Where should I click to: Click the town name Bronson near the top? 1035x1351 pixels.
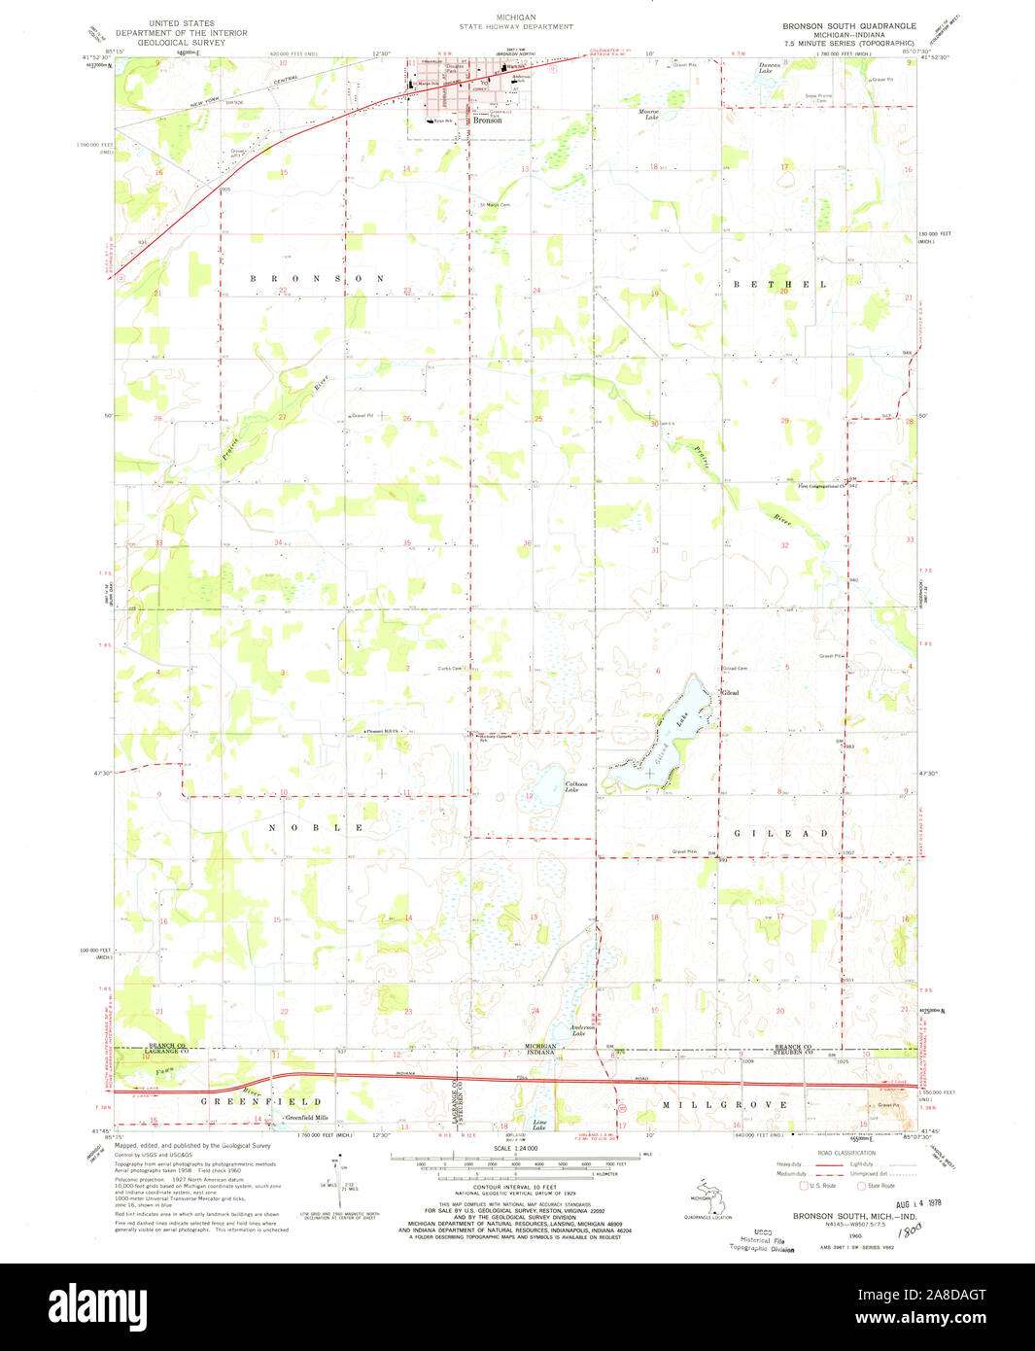click(487, 121)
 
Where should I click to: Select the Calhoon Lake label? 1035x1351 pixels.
click(552, 786)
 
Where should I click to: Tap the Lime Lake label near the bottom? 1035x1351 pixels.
click(539, 1126)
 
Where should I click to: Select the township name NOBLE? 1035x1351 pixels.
click(318, 827)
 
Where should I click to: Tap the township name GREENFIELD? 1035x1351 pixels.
click(260, 1101)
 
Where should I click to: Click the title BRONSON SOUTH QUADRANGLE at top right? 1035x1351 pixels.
click(849, 25)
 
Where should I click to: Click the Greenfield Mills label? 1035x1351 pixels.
click(305, 1119)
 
